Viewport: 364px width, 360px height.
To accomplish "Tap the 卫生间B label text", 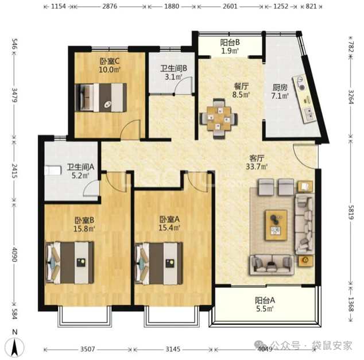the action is click(x=173, y=68).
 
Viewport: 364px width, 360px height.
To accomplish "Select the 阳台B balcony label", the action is click(x=230, y=42).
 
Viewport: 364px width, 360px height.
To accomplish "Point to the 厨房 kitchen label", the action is click(x=280, y=87).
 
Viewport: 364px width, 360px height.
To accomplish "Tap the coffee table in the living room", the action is click(x=276, y=225).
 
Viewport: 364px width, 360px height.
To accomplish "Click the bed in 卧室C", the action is click(x=101, y=98).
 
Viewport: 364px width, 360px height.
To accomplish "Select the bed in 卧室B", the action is click(x=70, y=263).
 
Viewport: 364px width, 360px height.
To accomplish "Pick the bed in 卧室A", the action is click(x=158, y=264).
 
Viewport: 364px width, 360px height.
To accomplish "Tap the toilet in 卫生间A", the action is click(x=53, y=171).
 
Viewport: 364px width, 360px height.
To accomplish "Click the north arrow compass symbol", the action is click(x=15, y=347).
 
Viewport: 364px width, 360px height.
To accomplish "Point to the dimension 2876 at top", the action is click(x=110, y=6).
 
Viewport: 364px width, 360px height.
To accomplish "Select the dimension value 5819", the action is click(x=351, y=212).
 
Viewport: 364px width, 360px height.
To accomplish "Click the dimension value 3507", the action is click(x=87, y=349).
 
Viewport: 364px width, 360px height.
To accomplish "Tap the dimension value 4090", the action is click(x=14, y=254).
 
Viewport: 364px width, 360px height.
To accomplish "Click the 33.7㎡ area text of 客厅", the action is click(x=257, y=167).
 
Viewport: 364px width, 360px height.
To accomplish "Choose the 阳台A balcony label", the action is click(x=265, y=300).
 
